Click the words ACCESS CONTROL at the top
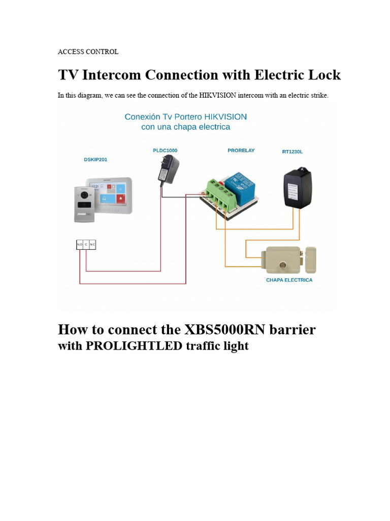coord(88,51)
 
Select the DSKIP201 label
coord(95,159)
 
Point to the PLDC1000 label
coord(165,150)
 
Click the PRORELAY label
coord(241,150)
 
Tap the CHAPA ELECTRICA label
coord(289,280)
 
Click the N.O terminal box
coord(80,245)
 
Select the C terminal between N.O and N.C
coord(86,245)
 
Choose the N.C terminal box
coord(92,245)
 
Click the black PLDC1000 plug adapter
coord(168,170)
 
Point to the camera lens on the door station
coord(84,194)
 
